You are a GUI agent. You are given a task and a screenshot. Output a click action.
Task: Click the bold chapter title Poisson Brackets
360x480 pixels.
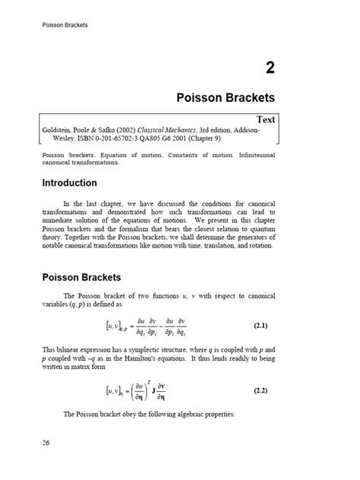[x=226, y=98]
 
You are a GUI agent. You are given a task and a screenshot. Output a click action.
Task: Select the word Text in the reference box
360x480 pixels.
[x=266, y=119]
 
